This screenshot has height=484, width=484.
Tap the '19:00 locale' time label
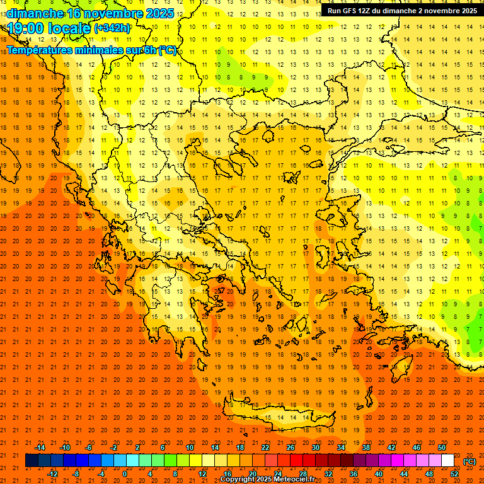pyautogui.click(x=49, y=28)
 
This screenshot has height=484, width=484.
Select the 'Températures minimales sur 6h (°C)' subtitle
pyautogui.click(x=91, y=50)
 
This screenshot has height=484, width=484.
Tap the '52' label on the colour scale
pyautogui.click(x=454, y=473)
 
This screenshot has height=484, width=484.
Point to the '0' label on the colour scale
pyautogui.click(x=125, y=473)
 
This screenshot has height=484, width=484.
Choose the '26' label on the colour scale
pyautogui.click(x=291, y=447)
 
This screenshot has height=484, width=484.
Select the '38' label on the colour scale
pyautogui.click(x=366, y=447)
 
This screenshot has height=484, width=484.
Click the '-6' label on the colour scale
pyautogui.click(x=89, y=447)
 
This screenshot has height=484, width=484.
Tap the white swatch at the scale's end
pyautogui.click(x=447, y=461)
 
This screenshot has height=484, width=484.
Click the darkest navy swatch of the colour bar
pyautogui.click(x=32, y=461)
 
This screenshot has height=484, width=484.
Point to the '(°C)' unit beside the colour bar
pyautogui.click(x=470, y=461)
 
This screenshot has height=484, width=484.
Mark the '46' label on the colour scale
pyautogui.click(x=417, y=447)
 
